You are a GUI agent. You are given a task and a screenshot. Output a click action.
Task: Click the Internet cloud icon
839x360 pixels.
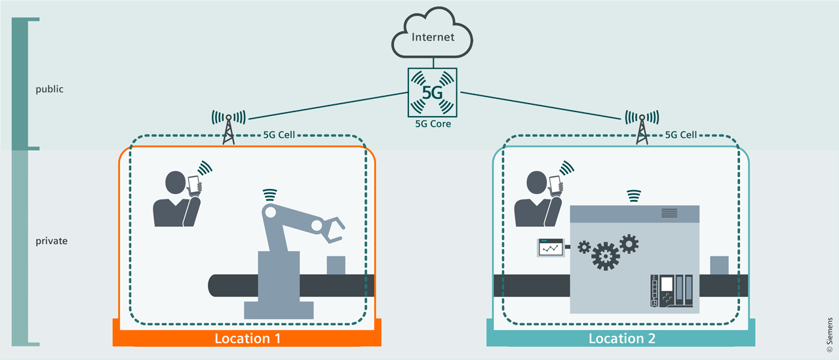pos(432,38)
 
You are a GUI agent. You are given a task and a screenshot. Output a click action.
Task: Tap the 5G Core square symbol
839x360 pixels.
pos(432,92)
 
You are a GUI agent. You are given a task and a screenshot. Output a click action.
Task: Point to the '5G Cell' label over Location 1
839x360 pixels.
pos(278,135)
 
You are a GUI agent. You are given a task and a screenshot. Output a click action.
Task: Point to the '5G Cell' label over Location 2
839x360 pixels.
pos(680,135)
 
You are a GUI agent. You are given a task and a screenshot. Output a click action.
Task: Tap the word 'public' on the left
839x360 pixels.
pos(49,89)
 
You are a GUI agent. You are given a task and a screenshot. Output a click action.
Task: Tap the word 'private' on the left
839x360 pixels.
pos(51,241)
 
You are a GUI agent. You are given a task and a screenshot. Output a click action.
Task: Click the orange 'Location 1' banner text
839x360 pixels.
pos(247,338)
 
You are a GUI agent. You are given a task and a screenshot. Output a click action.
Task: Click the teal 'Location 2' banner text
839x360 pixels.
pos(621,338)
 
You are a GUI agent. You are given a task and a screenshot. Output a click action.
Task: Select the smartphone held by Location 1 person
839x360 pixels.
pos(194,184)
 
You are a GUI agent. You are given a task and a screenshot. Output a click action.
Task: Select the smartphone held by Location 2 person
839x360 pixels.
pos(556,184)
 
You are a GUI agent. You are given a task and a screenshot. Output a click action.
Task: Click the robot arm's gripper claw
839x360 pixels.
pos(334,229)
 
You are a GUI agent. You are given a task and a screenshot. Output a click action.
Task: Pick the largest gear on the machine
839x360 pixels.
pos(604,256)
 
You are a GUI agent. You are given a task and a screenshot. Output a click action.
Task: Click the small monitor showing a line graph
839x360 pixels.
pos(551,247)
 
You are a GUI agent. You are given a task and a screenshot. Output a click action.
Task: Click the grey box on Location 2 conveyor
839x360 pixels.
pos(719,265)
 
